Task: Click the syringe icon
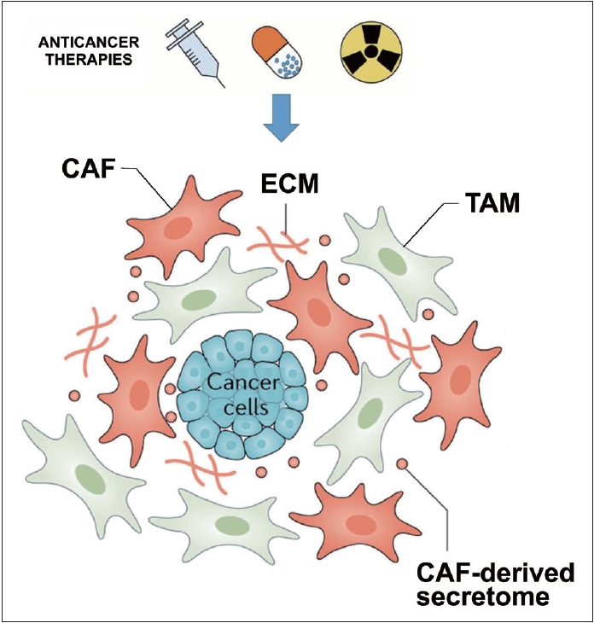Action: click(x=199, y=50)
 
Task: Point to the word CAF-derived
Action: click(x=490, y=571)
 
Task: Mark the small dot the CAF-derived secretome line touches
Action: click(x=402, y=463)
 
